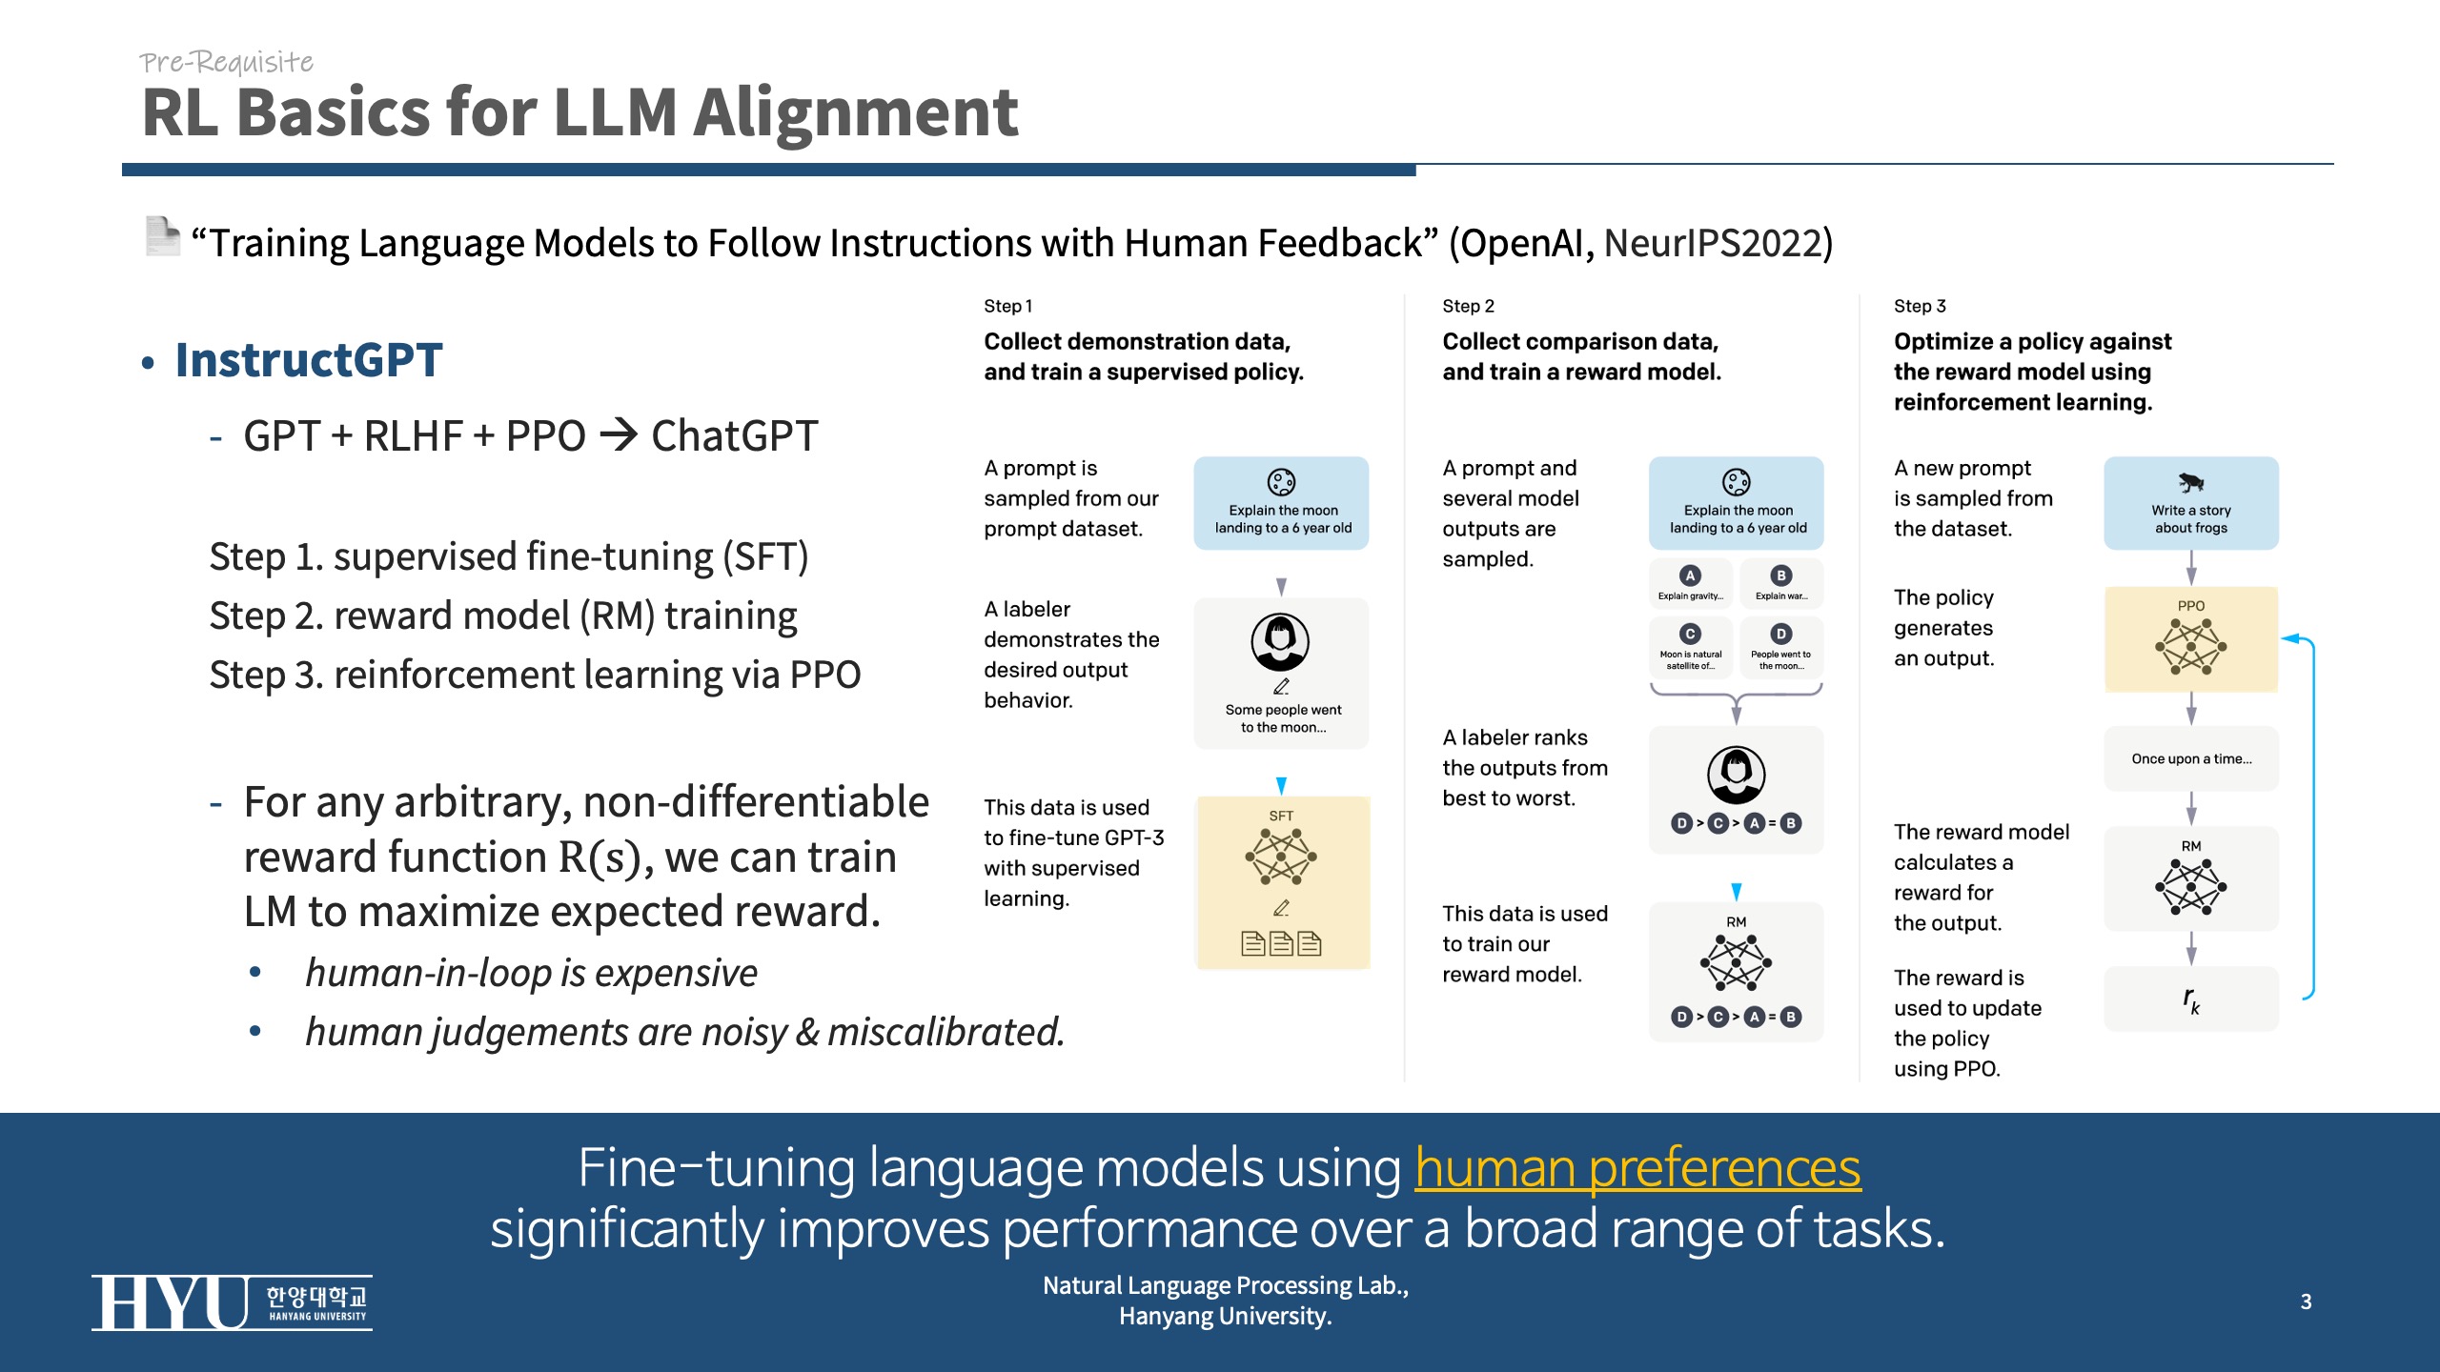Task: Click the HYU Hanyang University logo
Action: (x=232, y=1302)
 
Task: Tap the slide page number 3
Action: (x=2306, y=1301)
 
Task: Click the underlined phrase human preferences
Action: (x=1637, y=1168)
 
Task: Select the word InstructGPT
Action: (x=309, y=360)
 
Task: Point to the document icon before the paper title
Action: (x=162, y=236)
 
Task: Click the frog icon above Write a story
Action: (x=2190, y=482)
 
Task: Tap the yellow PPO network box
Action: (x=2190, y=639)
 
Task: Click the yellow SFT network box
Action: (x=1282, y=881)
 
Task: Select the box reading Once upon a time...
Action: (x=2190, y=758)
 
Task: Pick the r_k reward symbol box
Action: (x=2190, y=999)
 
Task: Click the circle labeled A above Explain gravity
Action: (x=1690, y=575)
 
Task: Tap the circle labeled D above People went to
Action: (x=1780, y=635)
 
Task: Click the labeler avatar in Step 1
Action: (x=1280, y=643)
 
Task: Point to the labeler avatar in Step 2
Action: (x=1736, y=775)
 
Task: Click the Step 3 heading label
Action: (x=1920, y=306)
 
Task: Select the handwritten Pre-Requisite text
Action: (x=227, y=62)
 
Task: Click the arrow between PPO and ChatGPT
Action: (x=620, y=436)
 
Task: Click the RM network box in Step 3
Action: (x=2190, y=878)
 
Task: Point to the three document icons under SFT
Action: (x=1281, y=943)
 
